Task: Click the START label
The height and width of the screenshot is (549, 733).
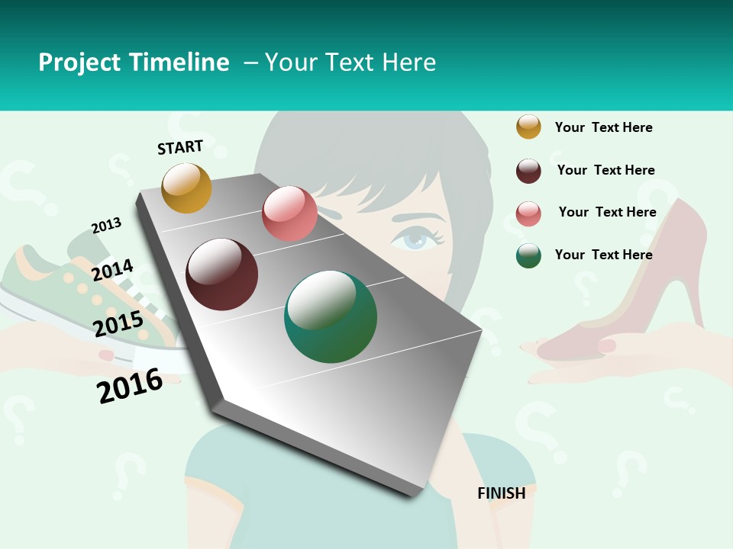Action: (x=180, y=146)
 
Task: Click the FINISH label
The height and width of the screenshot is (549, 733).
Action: (x=501, y=493)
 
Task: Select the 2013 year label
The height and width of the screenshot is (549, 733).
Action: (x=106, y=226)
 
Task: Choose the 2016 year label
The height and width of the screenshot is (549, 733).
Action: (x=130, y=386)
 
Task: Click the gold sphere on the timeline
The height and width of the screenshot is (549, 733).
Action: (x=186, y=188)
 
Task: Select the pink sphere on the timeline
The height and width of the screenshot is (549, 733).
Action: (x=289, y=213)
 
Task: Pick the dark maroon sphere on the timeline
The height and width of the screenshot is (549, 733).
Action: (x=221, y=274)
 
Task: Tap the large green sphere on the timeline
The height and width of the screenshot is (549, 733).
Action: (x=330, y=316)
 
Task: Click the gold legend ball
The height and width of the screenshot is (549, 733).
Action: (x=528, y=127)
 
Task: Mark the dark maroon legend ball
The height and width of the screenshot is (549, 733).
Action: (x=528, y=171)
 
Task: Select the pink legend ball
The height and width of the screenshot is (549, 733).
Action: (x=528, y=213)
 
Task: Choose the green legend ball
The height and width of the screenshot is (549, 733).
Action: (x=528, y=255)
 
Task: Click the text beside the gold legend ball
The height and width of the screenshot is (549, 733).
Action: (x=603, y=127)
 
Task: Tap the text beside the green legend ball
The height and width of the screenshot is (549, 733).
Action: (x=603, y=255)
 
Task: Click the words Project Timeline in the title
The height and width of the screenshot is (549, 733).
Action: (x=134, y=63)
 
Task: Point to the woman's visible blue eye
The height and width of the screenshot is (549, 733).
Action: (x=416, y=239)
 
